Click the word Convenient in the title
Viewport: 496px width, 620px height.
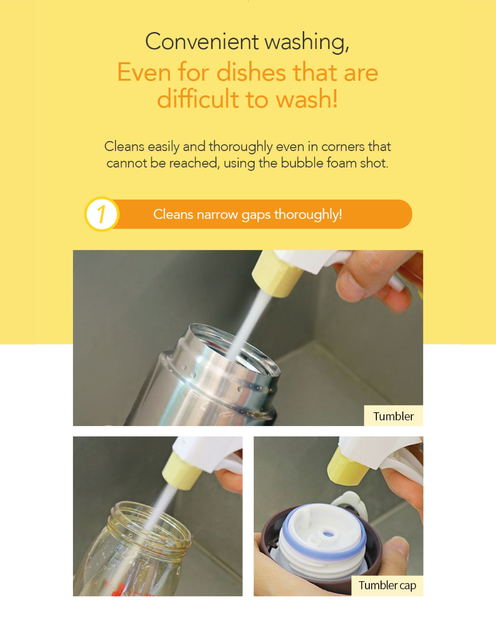click(201, 42)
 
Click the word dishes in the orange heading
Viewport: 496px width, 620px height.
click(251, 73)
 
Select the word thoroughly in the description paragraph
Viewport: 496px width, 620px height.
click(241, 147)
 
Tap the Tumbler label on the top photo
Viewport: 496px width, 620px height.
click(393, 416)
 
